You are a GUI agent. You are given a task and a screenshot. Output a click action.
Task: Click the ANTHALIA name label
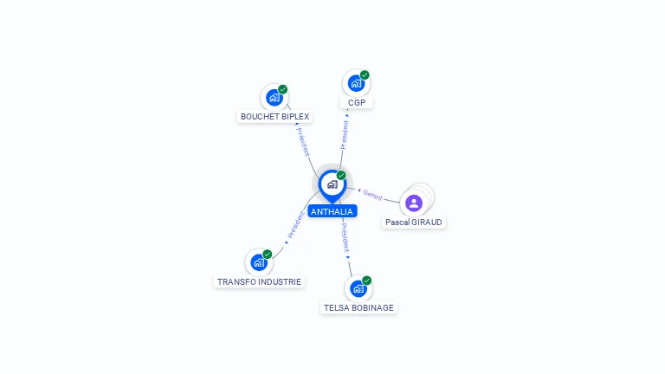(x=332, y=211)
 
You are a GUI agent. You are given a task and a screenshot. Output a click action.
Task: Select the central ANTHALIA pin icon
(x=332, y=185)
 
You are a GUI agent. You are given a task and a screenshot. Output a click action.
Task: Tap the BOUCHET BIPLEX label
(x=274, y=117)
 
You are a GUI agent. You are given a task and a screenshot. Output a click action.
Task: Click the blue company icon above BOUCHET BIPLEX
(x=274, y=98)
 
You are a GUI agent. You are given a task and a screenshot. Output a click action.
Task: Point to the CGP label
(x=357, y=103)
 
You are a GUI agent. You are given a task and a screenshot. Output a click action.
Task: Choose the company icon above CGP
(x=356, y=83)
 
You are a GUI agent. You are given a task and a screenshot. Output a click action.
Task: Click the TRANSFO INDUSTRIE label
(x=259, y=282)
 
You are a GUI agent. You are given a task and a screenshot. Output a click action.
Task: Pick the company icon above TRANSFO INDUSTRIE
(x=259, y=262)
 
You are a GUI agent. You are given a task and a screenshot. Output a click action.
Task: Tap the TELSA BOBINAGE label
(x=358, y=308)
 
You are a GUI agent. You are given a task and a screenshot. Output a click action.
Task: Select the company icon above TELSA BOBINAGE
(x=358, y=289)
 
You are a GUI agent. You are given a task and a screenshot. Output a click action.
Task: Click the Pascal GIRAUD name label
(x=414, y=222)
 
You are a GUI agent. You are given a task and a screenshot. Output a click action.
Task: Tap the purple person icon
(x=414, y=203)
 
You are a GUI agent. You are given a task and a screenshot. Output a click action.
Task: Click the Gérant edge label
(x=373, y=195)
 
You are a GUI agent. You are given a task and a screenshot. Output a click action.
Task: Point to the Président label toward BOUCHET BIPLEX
(x=303, y=142)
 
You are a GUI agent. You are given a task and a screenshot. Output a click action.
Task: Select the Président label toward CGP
(x=345, y=135)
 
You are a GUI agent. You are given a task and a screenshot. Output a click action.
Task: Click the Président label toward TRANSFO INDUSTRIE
(x=296, y=225)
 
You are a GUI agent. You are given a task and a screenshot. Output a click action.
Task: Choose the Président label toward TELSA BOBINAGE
(x=345, y=238)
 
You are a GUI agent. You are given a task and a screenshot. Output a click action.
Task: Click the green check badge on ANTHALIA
(x=341, y=175)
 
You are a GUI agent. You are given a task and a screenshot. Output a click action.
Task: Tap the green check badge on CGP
(x=365, y=75)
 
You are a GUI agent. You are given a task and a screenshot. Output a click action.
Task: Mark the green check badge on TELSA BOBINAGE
(x=367, y=280)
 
